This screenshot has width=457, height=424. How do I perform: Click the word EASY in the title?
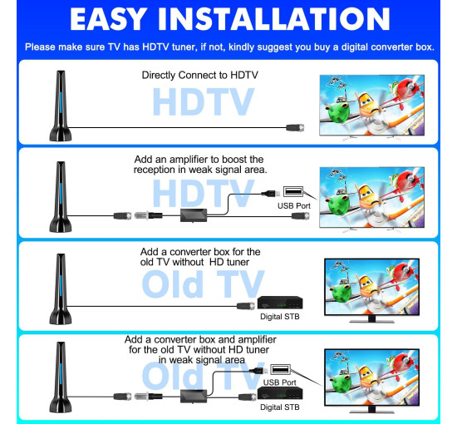[108, 19]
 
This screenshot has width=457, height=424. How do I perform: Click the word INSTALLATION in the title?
[273, 19]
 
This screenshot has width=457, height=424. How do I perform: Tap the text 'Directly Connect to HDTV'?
[200, 75]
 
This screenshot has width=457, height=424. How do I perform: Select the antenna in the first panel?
[61, 106]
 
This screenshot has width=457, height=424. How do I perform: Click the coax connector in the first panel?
[295, 128]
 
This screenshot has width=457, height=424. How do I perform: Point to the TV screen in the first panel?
[372, 105]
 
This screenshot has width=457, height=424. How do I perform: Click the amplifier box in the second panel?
[194, 215]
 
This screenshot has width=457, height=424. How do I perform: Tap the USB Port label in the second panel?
[294, 206]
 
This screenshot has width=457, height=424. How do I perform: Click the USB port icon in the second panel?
[293, 191]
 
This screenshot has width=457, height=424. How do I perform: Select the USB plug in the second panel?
[271, 194]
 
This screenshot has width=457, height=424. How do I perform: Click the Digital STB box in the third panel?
[280, 303]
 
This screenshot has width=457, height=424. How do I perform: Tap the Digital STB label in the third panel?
[280, 317]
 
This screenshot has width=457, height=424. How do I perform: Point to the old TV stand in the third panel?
[371, 319]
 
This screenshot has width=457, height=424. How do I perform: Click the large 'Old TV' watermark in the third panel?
[203, 283]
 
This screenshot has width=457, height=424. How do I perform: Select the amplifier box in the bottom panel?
[194, 397]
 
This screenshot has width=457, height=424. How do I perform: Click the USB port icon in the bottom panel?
[280, 369]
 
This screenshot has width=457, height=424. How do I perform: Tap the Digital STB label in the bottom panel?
[280, 407]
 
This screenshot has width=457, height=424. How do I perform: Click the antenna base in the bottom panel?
[61, 406]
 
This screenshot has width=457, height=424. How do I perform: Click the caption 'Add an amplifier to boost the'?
[199, 160]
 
